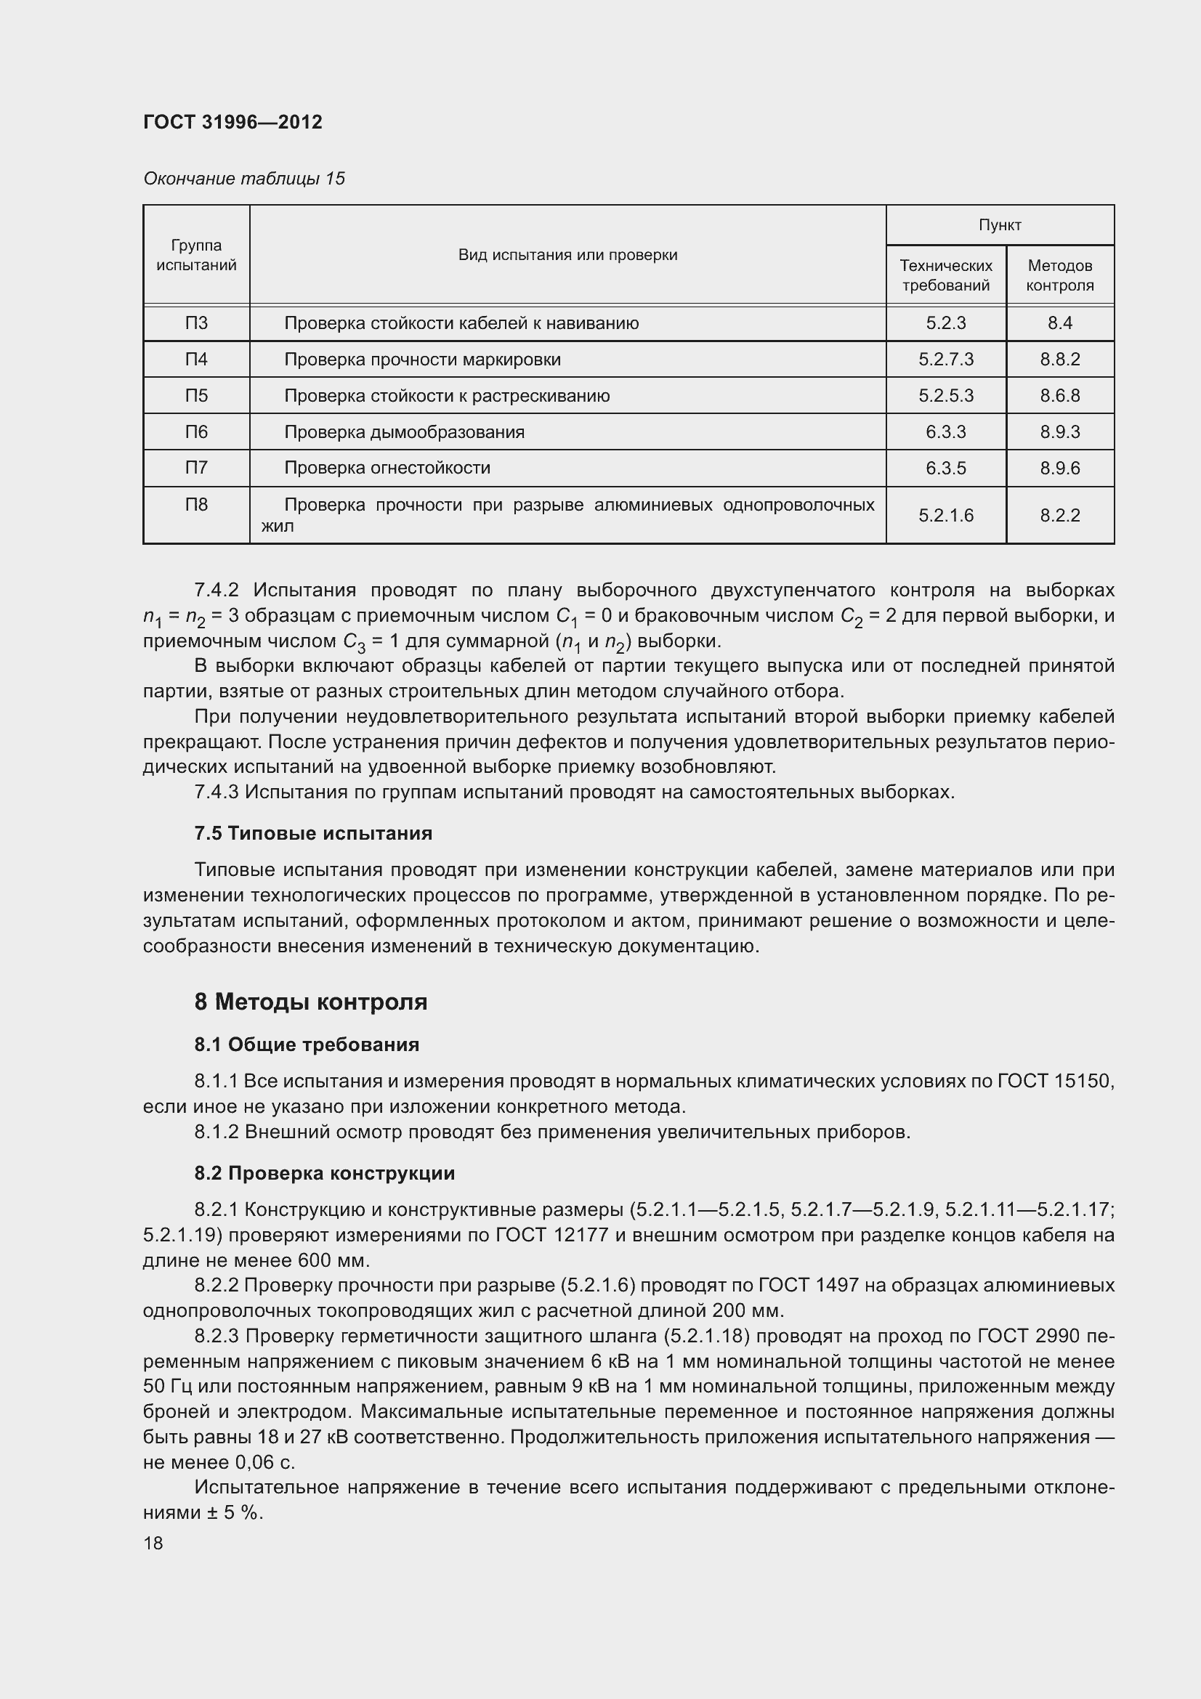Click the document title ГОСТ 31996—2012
pyautogui.click(x=232, y=122)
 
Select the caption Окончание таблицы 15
pyautogui.click(x=243, y=179)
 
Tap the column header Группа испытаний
pyautogui.click(x=196, y=254)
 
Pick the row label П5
pyautogui.click(x=196, y=395)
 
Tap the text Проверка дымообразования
pyautogui.click(x=404, y=431)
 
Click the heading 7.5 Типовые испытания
pyautogui.click(x=313, y=833)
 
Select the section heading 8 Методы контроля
pyautogui.click(x=311, y=1001)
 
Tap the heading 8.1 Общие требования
pyautogui.click(x=307, y=1044)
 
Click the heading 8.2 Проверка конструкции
pyautogui.click(x=324, y=1173)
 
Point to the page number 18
pyautogui.click(x=153, y=1543)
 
